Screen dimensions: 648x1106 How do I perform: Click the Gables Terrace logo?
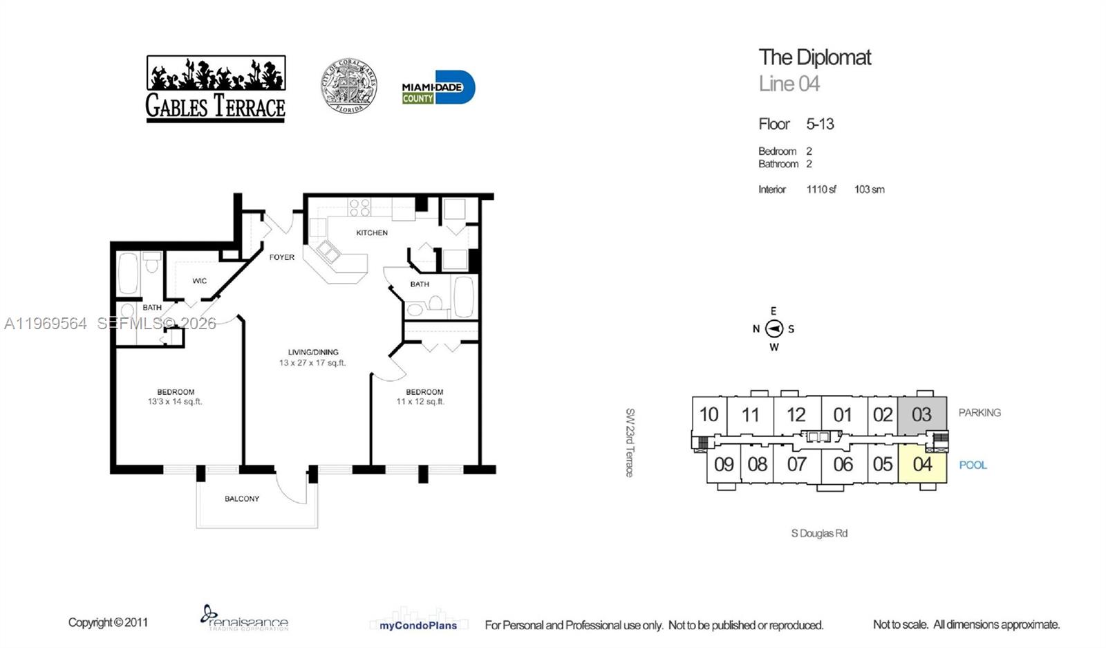[215, 89]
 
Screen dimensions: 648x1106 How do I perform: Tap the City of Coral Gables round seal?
[348, 86]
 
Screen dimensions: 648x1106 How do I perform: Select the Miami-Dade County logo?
[438, 88]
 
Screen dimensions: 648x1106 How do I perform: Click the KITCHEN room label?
[372, 233]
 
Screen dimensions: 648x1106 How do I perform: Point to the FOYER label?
[282, 257]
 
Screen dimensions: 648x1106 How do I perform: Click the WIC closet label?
[200, 281]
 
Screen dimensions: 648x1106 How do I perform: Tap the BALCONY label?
[242, 499]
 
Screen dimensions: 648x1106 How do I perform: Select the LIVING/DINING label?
[313, 352]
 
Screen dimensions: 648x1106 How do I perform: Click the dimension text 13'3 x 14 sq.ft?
[175, 402]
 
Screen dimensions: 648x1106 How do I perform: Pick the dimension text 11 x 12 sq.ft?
[420, 402]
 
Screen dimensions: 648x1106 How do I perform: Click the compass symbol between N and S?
[774, 329]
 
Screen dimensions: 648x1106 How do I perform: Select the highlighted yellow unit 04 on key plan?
[922, 464]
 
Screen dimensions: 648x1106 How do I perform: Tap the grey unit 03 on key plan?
[921, 415]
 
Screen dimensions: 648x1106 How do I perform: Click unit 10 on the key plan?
[709, 415]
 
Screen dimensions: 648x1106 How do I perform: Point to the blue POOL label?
[973, 465]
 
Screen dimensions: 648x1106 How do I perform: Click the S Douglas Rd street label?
[819, 533]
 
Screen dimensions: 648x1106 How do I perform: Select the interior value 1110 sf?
[821, 189]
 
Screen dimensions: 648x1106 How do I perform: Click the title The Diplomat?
[814, 57]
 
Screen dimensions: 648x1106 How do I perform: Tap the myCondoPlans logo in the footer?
[418, 625]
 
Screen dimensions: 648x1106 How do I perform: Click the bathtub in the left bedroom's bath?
[129, 273]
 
